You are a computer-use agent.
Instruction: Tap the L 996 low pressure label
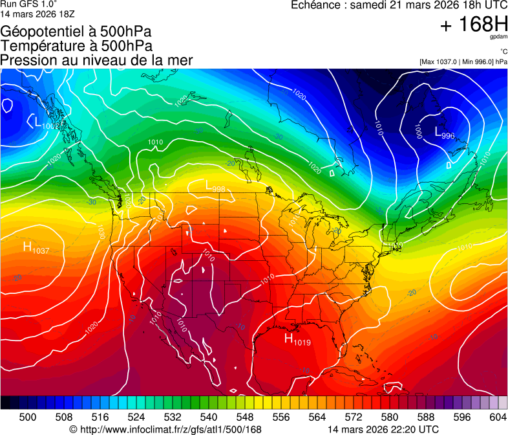[x=445, y=134]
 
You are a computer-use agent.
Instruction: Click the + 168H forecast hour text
[x=474, y=25]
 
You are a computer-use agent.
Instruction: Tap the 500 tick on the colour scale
[x=28, y=418]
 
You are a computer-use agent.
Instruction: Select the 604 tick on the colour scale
[x=498, y=418]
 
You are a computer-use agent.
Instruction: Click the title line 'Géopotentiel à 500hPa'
[x=76, y=32]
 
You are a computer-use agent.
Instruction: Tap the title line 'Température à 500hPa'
[x=76, y=46]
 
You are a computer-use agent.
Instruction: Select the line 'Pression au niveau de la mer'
[x=96, y=60]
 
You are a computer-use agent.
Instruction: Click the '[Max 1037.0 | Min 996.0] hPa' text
[x=463, y=61]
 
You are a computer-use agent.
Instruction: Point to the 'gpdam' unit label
[x=498, y=38]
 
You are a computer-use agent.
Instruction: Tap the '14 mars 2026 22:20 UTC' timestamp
[x=383, y=429]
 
